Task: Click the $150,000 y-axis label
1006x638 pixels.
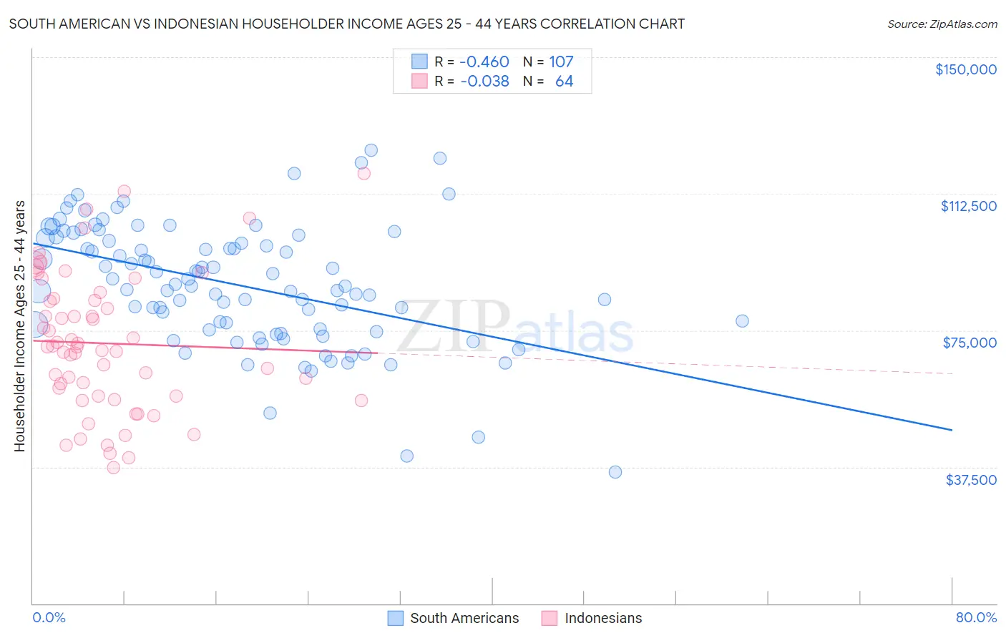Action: tap(965, 69)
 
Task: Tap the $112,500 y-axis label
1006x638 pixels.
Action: tap(968, 206)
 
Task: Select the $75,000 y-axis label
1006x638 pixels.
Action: tap(970, 343)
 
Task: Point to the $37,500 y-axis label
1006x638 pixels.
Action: tap(971, 480)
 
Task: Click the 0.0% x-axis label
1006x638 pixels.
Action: tap(49, 617)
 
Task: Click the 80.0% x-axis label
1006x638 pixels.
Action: tap(976, 617)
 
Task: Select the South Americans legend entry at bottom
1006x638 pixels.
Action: tap(454, 618)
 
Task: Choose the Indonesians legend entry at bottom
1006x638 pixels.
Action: tap(592, 618)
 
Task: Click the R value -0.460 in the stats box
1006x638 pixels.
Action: tap(484, 62)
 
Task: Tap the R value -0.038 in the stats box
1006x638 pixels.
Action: tap(484, 82)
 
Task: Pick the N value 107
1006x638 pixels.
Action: tap(561, 62)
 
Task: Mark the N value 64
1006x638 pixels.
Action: tap(564, 82)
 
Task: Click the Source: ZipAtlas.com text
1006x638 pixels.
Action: tap(942, 24)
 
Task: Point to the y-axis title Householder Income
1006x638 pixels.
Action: tap(20, 326)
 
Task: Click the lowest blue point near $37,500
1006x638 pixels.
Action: tap(615, 472)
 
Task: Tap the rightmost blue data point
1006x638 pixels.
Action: tap(742, 321)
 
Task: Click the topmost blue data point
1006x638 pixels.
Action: tap(371, 150)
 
